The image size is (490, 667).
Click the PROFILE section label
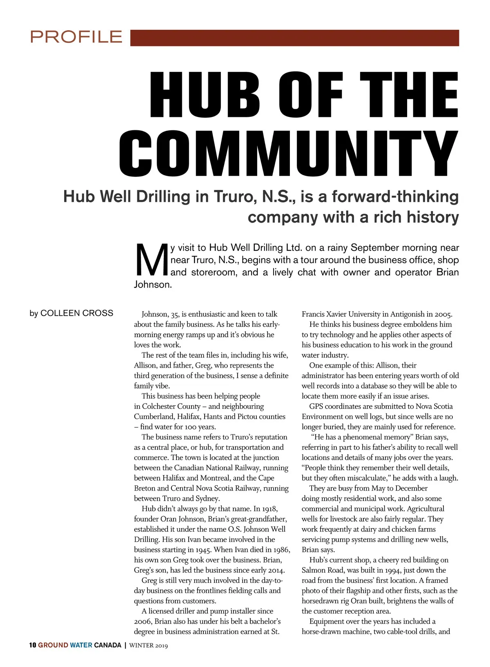[76, 37]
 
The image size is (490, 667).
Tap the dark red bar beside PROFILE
[294, 38]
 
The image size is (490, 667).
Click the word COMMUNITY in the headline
[289, 154]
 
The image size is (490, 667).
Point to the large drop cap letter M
[151, 260]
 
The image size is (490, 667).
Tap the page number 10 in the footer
[33, 645]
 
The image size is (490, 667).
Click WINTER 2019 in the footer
[149, 645]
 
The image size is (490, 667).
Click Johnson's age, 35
[175, 315]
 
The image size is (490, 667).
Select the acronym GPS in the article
[316, 406]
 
